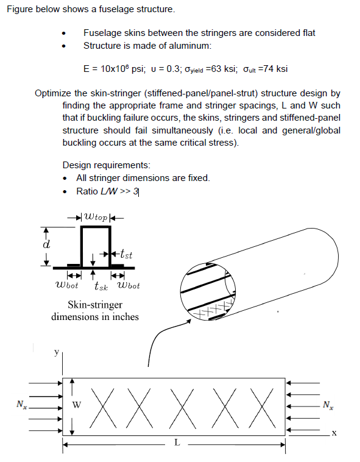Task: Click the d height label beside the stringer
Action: (x=46, y=244)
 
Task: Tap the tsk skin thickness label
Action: (x=101, y=285)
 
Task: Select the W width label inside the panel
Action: (x=76, y=404)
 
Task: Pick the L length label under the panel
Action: (x=177, y=443)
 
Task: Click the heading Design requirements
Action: (x=106, y=165)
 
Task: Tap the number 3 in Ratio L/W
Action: (x=136, y=191)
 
